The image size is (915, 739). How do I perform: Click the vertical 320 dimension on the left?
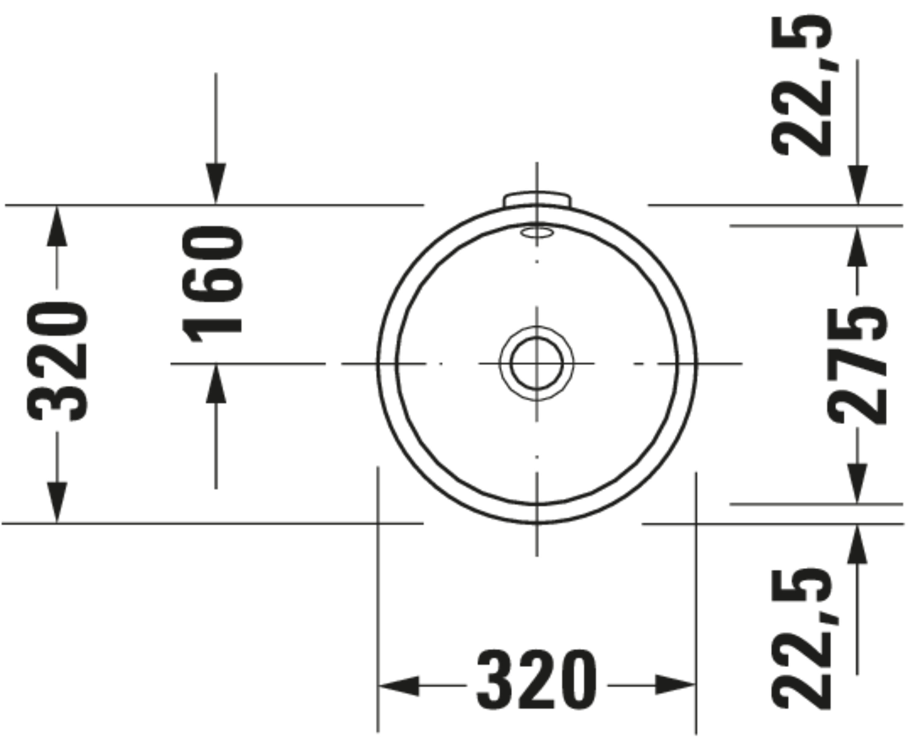(x=57, y=362)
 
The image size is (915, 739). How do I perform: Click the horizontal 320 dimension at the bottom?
(x=536, y=685)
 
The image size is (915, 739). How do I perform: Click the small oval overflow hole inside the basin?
(x=536, y=232)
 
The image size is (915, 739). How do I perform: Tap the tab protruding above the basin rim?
(x=537, y=198)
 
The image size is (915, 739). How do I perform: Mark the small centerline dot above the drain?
(x=536, y=261)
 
